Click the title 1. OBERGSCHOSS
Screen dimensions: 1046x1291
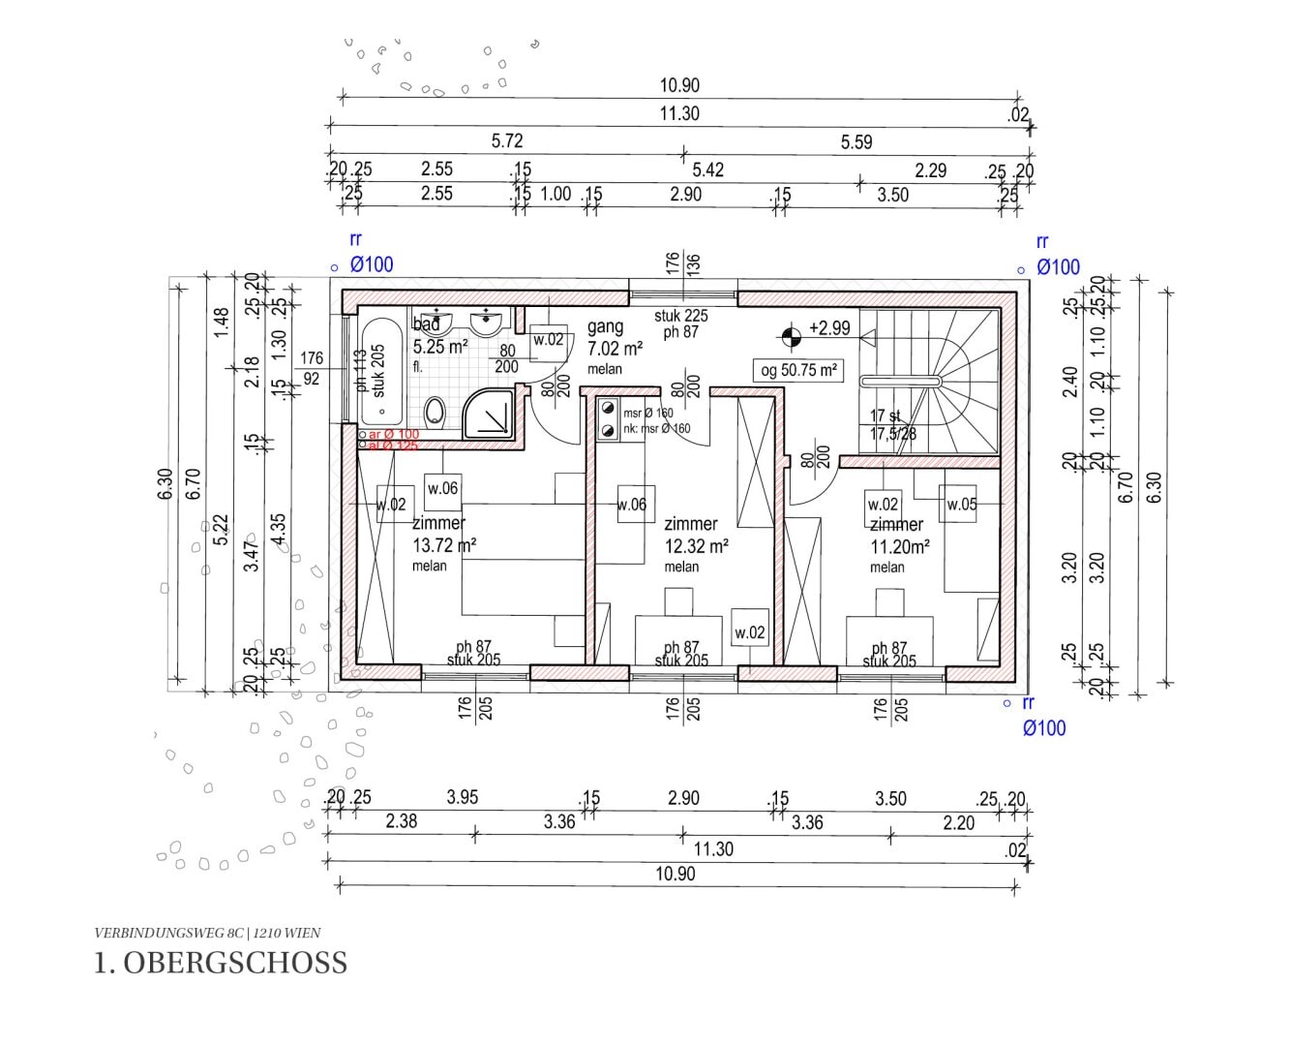click(x=221, y=963)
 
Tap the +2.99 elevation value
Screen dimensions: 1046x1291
click(x=829, y=328)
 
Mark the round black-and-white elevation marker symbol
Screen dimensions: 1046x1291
click(x=792, y=336)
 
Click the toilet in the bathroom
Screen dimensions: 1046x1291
click(x=435, y=411)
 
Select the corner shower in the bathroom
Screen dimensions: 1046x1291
click(x=494, y=415)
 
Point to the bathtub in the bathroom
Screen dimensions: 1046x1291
click(x=375, y=372)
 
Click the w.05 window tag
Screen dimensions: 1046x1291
click(x=961, y=504)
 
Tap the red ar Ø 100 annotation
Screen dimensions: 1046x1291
click(x=393, y=435)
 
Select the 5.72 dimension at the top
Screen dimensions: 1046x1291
click(x=507, y=141)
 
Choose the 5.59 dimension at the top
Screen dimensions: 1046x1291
click(x=856, y=142)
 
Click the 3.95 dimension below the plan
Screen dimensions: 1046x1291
click(x=462, y=798)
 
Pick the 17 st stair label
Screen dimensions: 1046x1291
click(x=885, y=415)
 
